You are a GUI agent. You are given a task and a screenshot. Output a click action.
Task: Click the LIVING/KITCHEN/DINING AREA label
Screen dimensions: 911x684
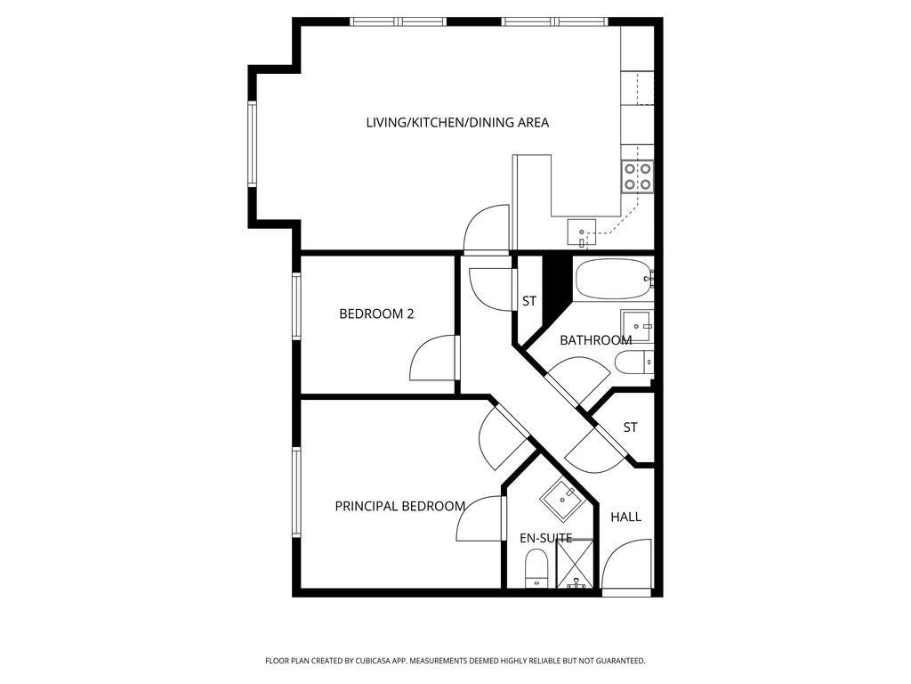coord(457,123)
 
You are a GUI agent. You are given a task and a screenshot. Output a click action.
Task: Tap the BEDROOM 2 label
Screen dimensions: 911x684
coord(376,314)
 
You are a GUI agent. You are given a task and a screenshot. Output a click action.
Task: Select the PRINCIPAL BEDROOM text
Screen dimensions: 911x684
coord(400,507)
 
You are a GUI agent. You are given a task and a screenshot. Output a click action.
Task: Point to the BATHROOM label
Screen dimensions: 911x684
coord(595,340)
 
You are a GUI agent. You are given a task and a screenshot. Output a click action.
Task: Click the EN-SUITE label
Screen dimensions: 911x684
coord(545,539)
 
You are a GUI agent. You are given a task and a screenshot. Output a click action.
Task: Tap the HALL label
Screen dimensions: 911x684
coord(625,517)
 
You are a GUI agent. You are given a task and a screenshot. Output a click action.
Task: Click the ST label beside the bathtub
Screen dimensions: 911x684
coord(528,301)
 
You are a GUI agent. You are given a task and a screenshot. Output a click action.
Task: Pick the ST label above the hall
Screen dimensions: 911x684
coord(631,427)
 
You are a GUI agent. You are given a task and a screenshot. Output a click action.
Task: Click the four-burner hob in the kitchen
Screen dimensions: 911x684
coord(637,177)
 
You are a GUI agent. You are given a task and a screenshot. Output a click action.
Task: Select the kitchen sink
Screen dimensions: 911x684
coord(582,232)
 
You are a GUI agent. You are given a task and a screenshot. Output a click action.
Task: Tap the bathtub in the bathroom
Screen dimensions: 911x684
coord(613,279)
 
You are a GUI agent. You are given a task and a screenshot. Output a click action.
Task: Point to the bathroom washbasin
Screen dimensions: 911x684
coord(637,326)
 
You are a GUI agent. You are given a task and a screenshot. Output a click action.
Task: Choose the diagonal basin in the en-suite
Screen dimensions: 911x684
coord(562,500)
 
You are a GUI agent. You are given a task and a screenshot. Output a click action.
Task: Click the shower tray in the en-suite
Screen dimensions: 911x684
coord(576,564)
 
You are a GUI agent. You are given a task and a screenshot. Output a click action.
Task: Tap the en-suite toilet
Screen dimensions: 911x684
coord(536,569)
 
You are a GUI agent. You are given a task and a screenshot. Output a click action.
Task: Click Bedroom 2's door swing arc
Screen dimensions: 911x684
coord(433,358)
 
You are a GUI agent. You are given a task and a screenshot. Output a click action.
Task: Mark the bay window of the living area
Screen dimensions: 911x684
coord(252,143)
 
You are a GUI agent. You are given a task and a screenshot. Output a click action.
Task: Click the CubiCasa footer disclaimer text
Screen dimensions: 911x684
coord(455,661)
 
